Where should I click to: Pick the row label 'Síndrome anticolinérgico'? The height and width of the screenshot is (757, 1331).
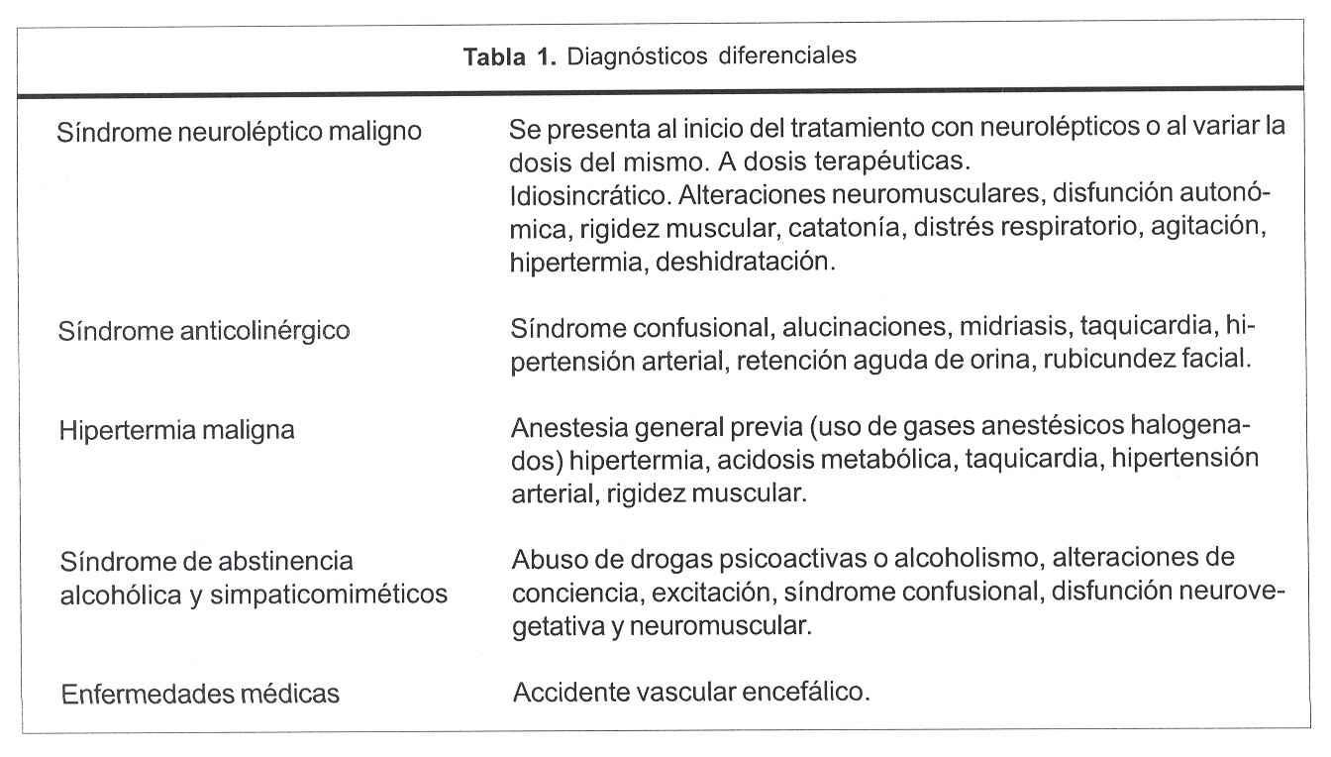(x=206, y=330)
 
